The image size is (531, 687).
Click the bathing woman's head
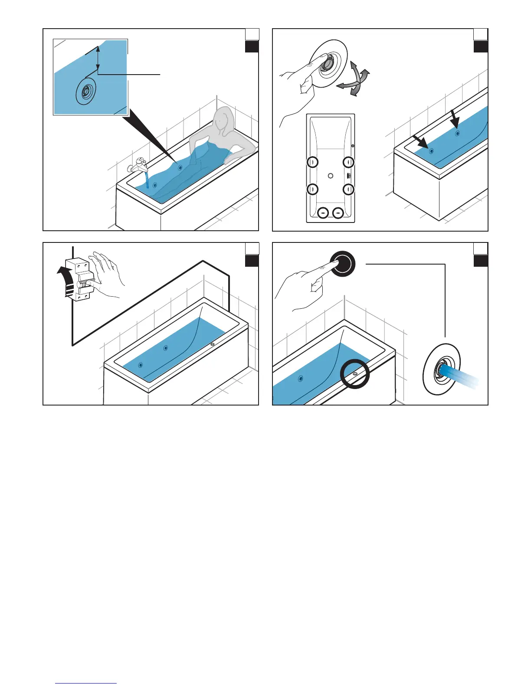tap(223, 119)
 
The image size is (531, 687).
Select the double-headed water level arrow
tap(98, 59)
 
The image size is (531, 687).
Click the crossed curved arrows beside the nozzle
tap(354, 79)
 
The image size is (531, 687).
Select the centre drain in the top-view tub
tap(331, 176)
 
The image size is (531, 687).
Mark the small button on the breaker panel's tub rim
tap(212, 345)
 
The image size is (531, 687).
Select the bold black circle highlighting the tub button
tap(354, 374)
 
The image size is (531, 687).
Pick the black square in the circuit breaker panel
tap(252, 261)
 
